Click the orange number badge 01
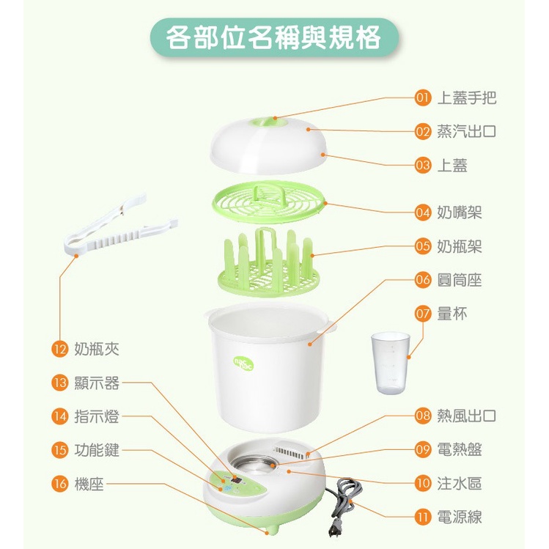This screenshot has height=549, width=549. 423,97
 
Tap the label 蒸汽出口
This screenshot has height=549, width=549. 466,131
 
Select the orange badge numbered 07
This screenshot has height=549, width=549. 423,314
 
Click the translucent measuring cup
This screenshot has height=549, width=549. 391,363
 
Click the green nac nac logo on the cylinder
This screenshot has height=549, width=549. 243,363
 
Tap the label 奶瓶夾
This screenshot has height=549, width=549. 97,349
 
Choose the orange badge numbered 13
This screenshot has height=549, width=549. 59,383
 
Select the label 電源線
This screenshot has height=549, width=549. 460,517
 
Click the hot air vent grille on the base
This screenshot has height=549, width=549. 290,452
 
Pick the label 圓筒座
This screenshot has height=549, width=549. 460,280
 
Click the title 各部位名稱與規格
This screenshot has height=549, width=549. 273,37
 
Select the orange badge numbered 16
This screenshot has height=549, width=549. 59,484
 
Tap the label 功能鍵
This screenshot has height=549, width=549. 97,450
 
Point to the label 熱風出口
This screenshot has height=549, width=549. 466,416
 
